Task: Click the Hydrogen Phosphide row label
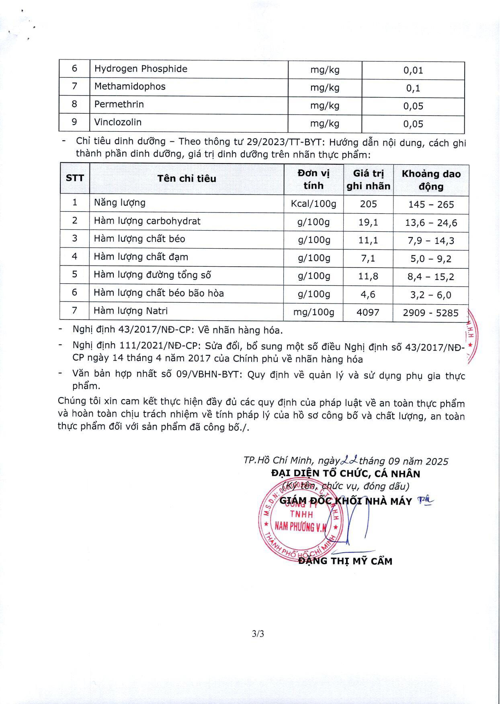[x=141, y=69]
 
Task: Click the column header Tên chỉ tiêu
[x=186, y=179]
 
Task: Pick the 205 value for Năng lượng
[x=368, y=204]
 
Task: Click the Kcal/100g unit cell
[x=314, y=204]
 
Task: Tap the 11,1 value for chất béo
[x=368, y=240]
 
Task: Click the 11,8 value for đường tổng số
[x=368, y=276]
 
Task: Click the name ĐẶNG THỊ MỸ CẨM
[x=345, y=561]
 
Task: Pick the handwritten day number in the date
[x=349, y=460]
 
